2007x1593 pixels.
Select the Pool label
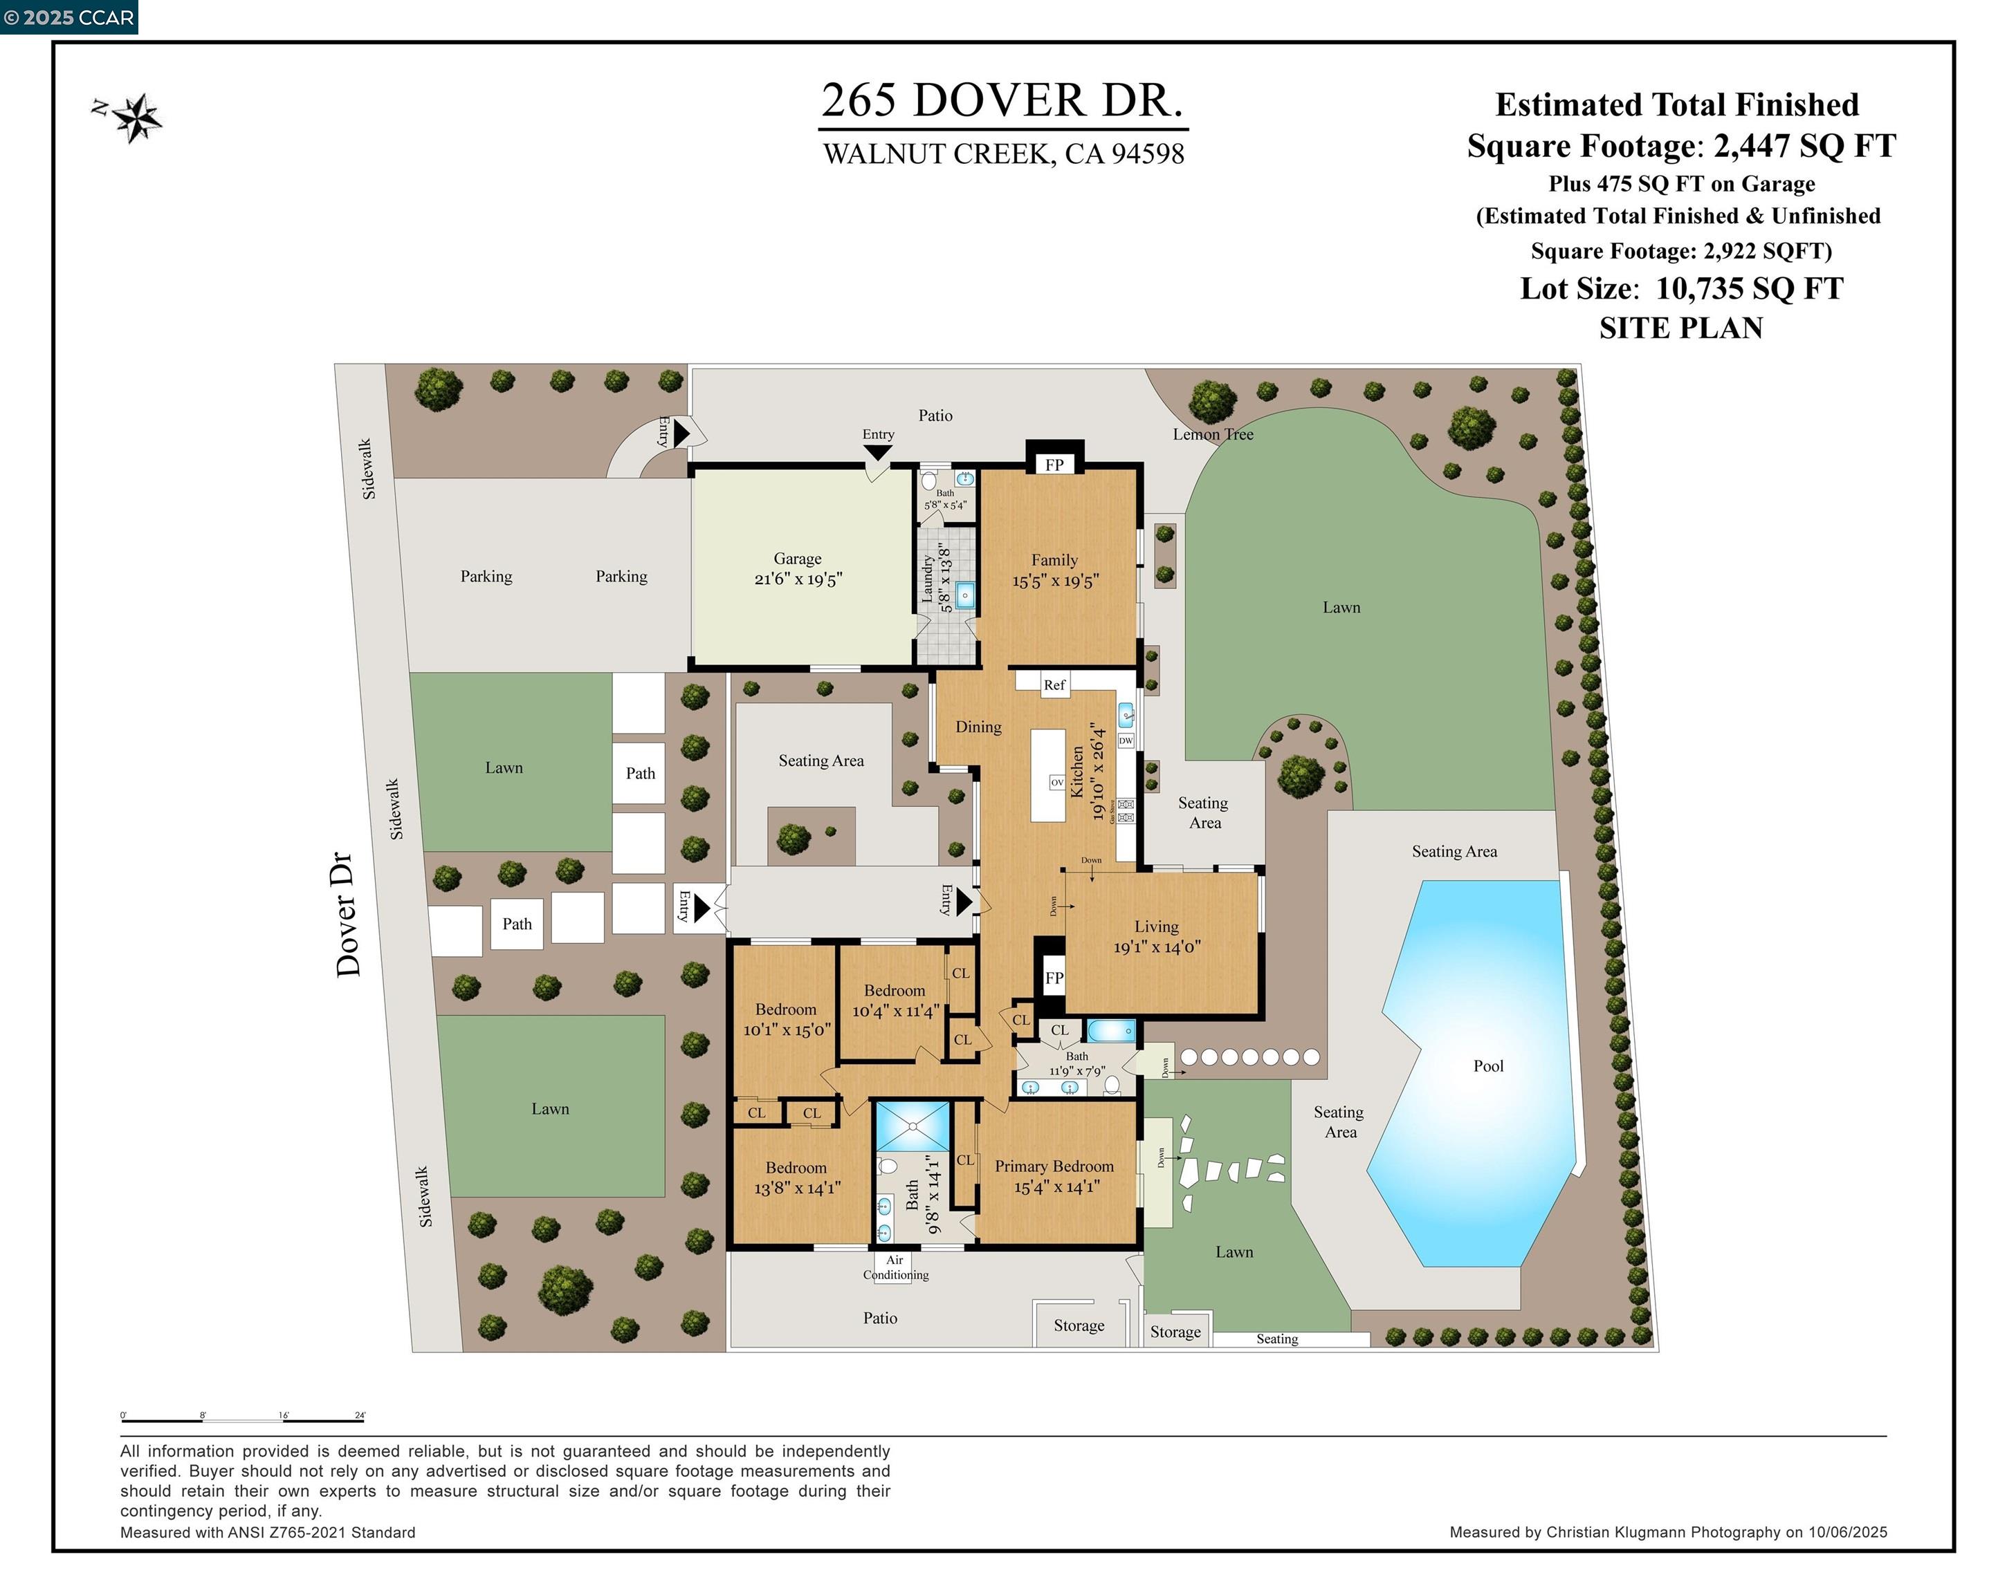(x=1487, y=1066)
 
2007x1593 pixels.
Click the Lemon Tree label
(x=1212, y=434)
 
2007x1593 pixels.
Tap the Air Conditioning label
(x=895, y=1267)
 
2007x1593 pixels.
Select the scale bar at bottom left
(x=242, y=1421)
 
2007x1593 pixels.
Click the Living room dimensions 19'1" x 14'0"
(x=1157, y=947)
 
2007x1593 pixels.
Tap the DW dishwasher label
(x=1126, y=740)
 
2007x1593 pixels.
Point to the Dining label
(x=978, y=727)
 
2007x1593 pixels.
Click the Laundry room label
(x=927, y=579)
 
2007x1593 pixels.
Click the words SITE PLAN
(x=1680, y=328)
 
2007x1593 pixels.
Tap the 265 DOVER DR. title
(x=1002, y=100)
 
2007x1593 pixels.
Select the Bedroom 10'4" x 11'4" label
(x=895, y=1001)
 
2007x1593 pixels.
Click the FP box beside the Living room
(x=1054, y=978)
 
